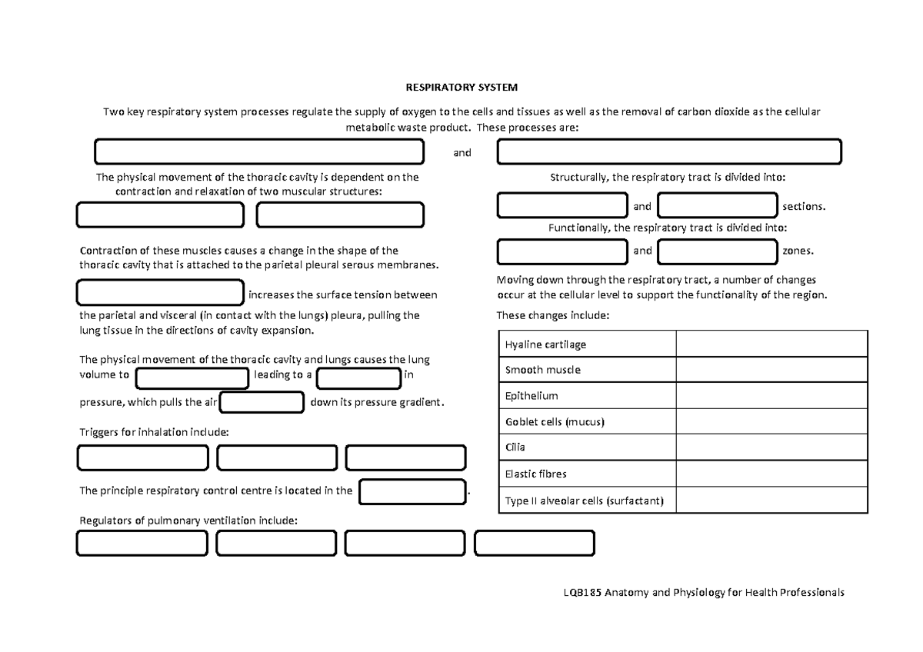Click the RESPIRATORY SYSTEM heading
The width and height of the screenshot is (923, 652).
(461, 87)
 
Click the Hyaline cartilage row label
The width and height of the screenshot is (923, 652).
(545, 344)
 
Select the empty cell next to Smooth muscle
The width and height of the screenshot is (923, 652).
(771, 370)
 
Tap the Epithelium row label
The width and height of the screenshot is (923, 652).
(531, 396)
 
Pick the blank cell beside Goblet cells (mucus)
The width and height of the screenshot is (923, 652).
(771, 422)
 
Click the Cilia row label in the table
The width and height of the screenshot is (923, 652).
(515, 447)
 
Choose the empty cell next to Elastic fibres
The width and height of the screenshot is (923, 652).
(771, 474)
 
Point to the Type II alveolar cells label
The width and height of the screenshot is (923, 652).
(584, 501)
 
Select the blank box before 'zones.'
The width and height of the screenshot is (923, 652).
(718, 251)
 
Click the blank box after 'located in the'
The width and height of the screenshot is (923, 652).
(413, 491)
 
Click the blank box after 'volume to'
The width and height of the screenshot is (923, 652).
(192, 377)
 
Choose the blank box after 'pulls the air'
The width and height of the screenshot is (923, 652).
(262, 402)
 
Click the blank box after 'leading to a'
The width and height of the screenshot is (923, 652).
(358, 377)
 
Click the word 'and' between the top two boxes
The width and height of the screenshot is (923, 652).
(461, 152)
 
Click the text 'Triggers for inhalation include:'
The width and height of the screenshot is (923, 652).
(154, 432)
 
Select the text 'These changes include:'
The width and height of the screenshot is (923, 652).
(552, 315)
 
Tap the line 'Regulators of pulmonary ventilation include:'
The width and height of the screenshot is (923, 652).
(188, 521)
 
